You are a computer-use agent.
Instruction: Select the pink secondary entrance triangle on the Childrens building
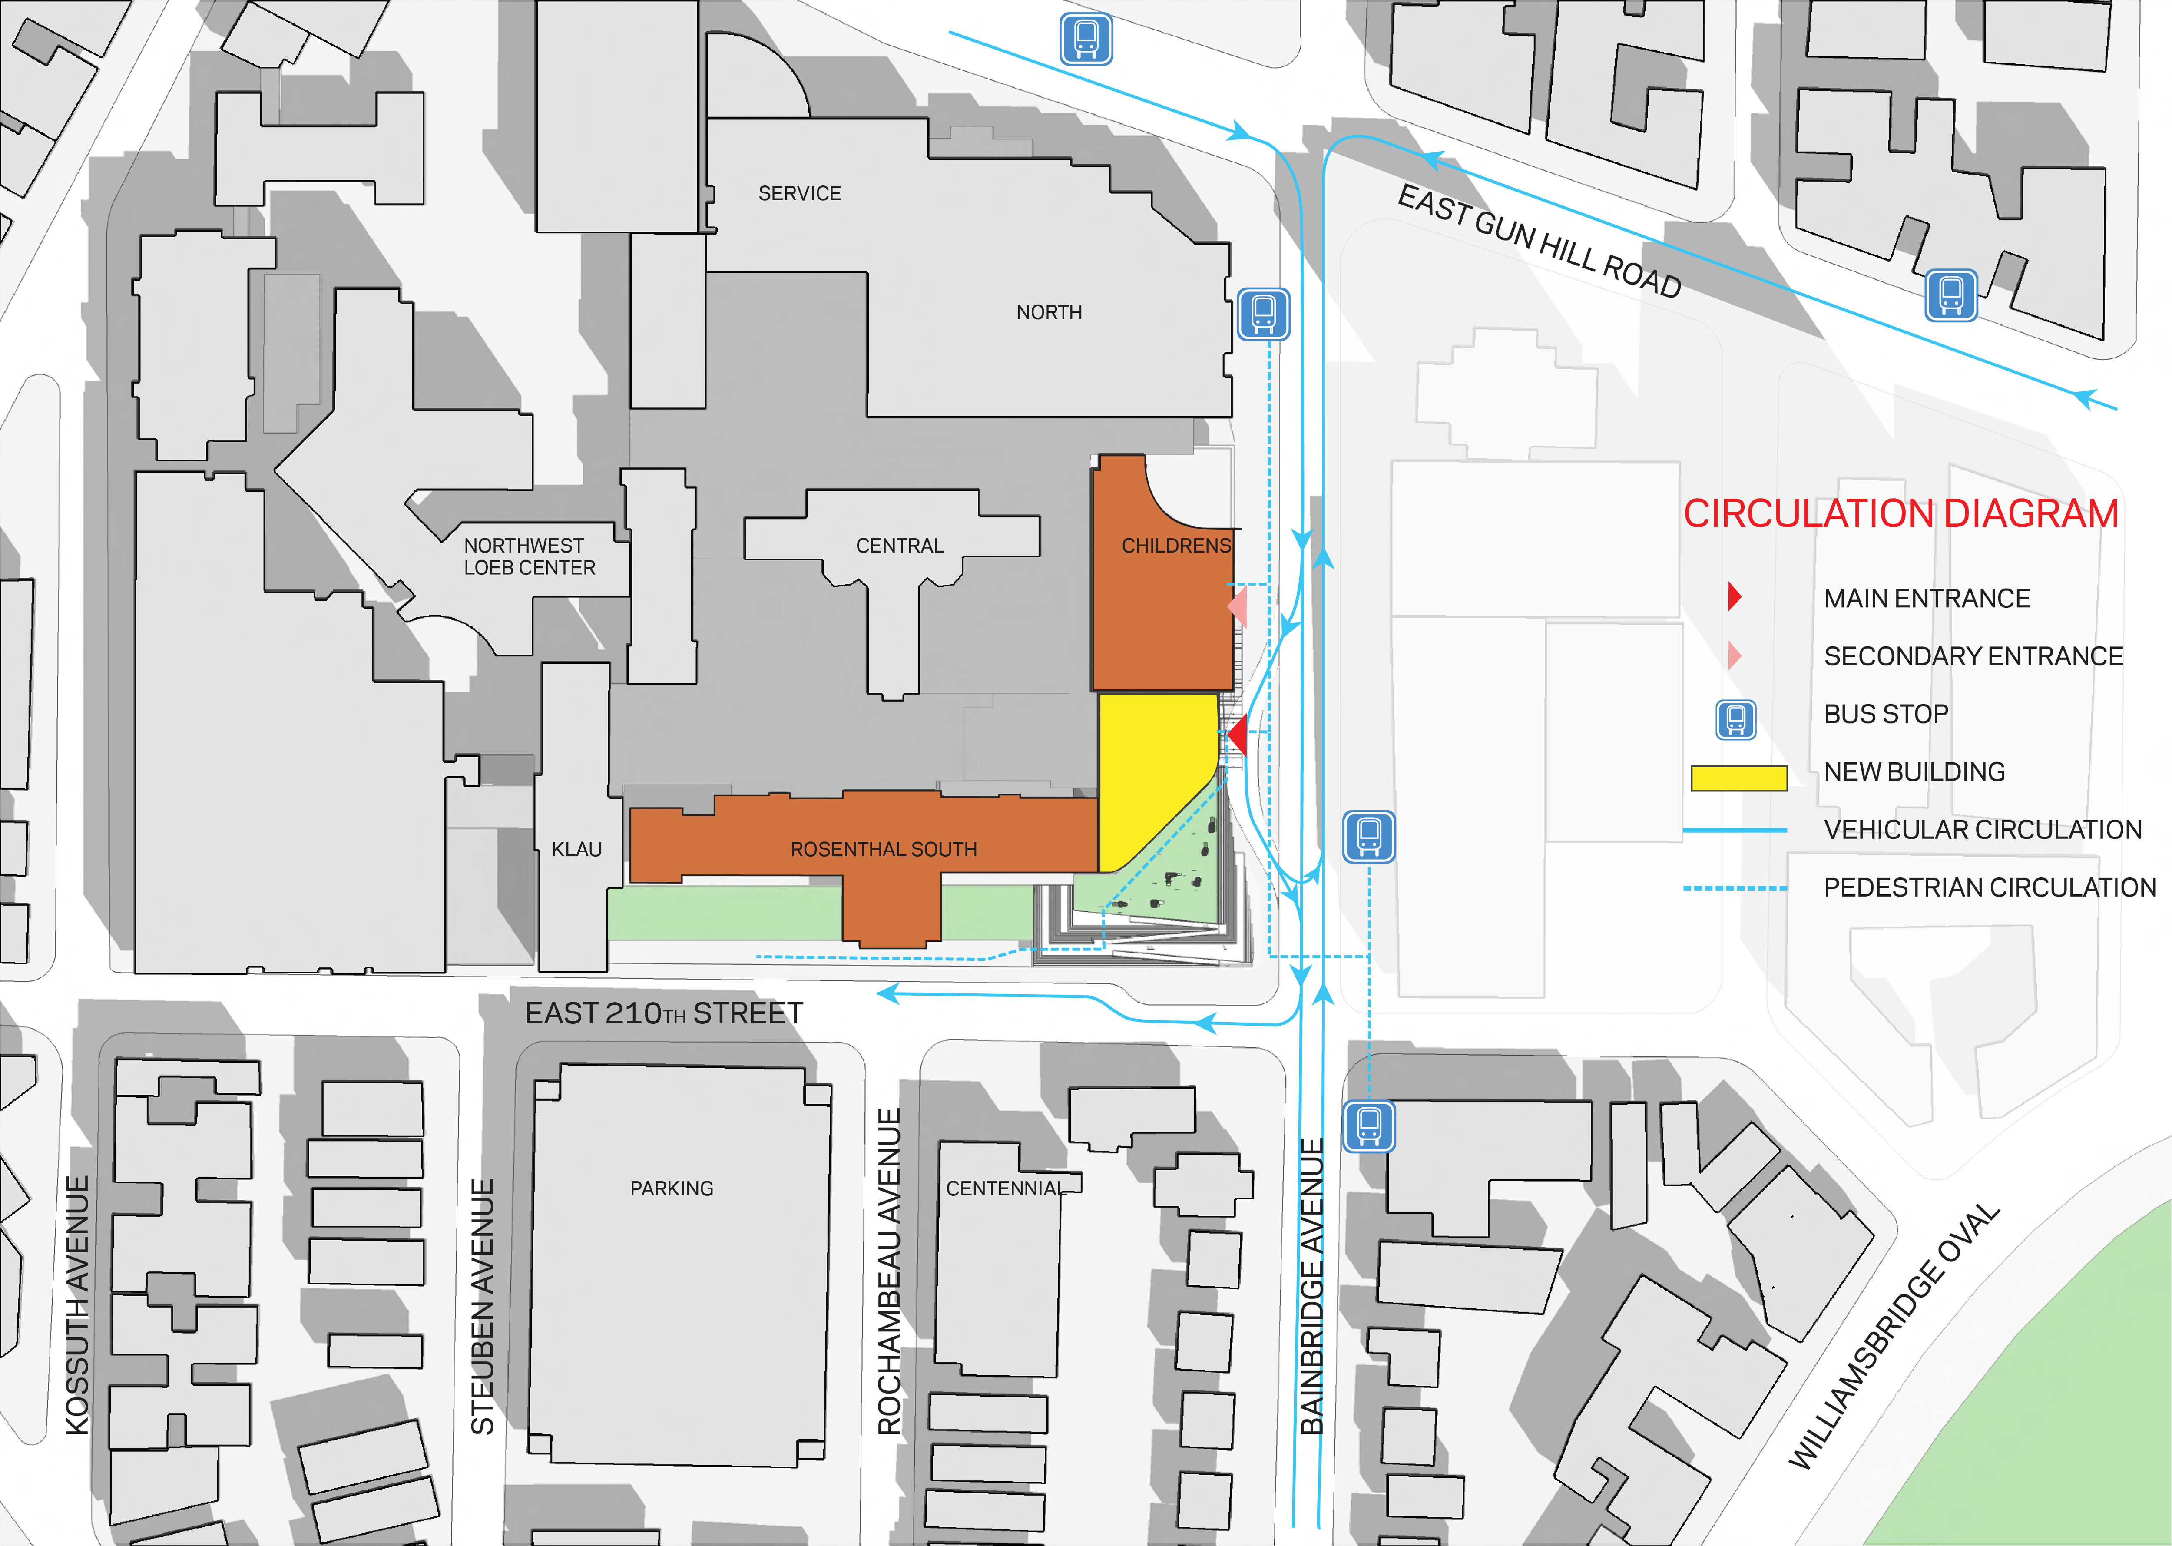tap(1238, 606)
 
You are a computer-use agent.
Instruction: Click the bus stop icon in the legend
tap(1735, 720)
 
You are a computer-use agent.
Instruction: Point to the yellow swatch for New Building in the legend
tap(1738, 778)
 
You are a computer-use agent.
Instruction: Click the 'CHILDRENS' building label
tap(1175, 546)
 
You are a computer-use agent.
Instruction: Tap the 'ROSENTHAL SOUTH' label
tap(883, 849)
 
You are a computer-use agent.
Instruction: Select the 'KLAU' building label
tap(577, 849)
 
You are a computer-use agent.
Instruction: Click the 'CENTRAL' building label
tap(900, 546)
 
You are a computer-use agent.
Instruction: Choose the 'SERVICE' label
tap(799, 193)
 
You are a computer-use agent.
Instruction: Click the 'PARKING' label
tap(671, 1188)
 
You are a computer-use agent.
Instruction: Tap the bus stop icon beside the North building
tap(1263, 314)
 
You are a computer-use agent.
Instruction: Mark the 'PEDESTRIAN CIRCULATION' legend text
tap(1989, 887)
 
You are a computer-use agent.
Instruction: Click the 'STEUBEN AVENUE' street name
tap(483, 1306)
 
